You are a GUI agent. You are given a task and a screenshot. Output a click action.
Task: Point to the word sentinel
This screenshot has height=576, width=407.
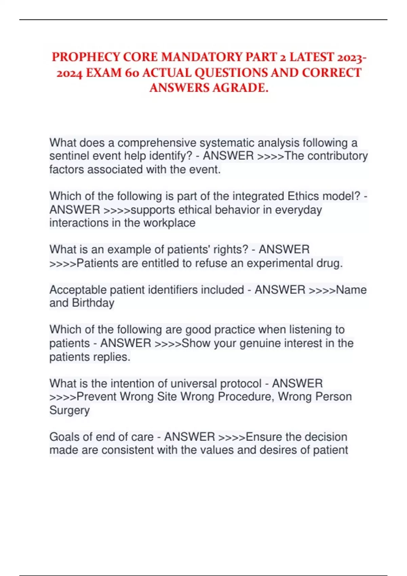(66, 156)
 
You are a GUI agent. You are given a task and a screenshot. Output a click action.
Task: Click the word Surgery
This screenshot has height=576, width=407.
(70, 410)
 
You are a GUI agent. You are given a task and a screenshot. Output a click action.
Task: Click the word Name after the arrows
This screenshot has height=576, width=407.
(351, 290)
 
